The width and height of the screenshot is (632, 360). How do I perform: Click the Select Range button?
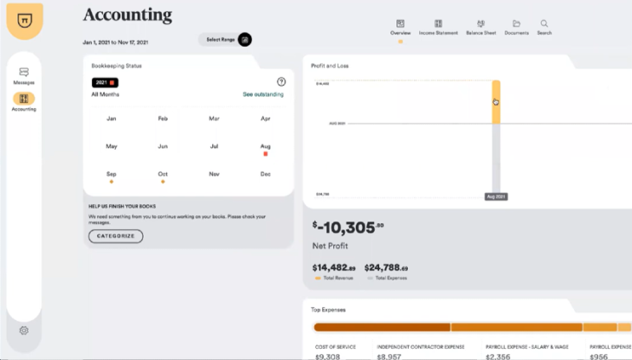[224, 40]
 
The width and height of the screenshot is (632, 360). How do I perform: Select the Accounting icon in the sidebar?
[23, 100]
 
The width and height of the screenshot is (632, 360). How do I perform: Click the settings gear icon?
[23, 331]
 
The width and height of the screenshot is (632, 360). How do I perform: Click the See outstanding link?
[263, 93]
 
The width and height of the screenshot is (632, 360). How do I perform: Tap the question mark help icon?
[281, 81]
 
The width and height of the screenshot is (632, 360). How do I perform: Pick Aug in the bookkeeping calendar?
[266, 146]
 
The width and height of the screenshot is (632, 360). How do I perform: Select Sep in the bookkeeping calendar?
[111, 174]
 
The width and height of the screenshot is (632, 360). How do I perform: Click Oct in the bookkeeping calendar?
[163, 174]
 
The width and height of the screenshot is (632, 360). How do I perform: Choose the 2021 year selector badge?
[104, 82]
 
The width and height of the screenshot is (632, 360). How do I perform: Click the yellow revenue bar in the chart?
[496, 101]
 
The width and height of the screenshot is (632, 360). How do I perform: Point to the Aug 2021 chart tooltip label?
[496, 197]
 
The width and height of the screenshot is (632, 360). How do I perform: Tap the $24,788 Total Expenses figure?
[386, 267]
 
